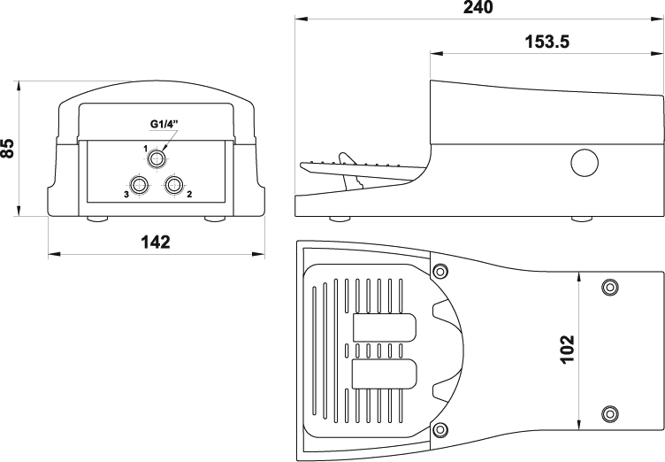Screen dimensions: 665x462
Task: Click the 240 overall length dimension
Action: [x=478, y=7]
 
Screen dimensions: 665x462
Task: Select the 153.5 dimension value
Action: [x=547, y=42]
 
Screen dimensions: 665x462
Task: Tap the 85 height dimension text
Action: [x=8, y=148]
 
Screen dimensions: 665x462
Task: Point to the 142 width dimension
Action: [x=156, y=242]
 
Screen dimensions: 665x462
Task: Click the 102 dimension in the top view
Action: [x=568, y=349]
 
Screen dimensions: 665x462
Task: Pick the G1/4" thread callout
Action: [x=164, y=124]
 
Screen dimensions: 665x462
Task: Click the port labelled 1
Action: [x=157, y=159]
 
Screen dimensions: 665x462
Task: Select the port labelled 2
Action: [x=174, y=185]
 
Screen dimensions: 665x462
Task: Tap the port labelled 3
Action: [x=139, y=185]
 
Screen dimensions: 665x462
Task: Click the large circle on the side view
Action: [x=585, y=163]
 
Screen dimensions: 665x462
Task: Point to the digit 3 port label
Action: [x=126, y=195]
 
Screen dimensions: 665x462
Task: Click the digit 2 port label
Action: [x=189, y=194]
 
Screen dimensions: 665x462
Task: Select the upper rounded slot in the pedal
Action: [x=385, y=327]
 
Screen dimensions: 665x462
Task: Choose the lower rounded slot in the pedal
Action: [x=385, y=373]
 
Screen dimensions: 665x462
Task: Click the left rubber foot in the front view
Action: [x=97, y=219]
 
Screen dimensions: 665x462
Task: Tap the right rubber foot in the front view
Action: [x=215, y=219]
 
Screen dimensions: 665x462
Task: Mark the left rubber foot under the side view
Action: [x=340, y=219]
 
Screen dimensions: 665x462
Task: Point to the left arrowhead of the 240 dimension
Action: [x=302, y=19]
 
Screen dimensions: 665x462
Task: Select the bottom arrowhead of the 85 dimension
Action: [x=19, y=210]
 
